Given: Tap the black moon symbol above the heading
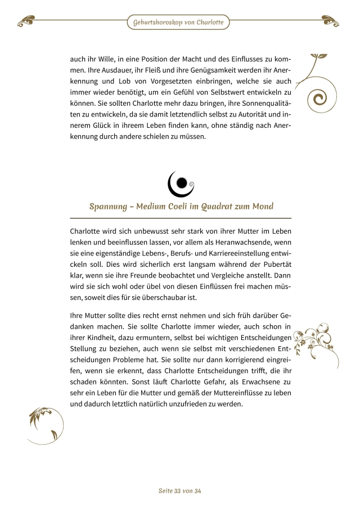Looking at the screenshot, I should (x=181, y=182).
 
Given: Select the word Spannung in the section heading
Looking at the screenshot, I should (x=109, y=207).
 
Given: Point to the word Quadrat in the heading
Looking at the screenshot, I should (x=226, y=207).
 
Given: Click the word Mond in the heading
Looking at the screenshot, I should (x=261, y=207).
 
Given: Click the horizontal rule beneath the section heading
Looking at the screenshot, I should (x=181, y=218).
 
